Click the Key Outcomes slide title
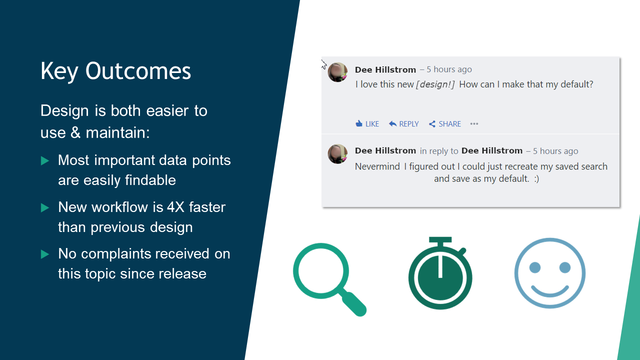(115, 71)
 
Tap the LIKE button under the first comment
(367, 123)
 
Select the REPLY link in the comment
(403, 123)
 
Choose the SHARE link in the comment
(445, 123)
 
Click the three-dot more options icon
(474, 123)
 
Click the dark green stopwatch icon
(440, 273)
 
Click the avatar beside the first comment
(337, 72)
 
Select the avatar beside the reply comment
(337, 154)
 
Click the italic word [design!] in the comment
(435, 84)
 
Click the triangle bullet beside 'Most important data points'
(45, 160)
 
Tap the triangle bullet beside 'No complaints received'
(45, 254)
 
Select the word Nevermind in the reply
(377, 166)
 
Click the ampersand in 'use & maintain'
(75, 133)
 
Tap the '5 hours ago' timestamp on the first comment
(449, 69)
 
